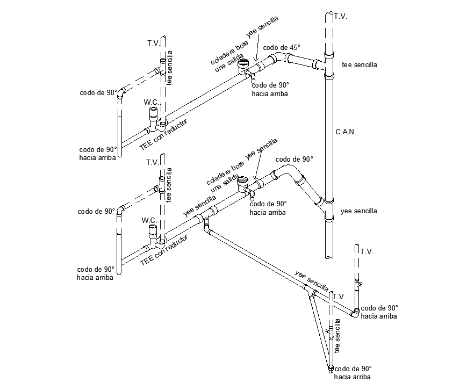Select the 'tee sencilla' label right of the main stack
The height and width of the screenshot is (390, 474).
point(359,65)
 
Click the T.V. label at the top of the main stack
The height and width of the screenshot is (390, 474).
point(340,17)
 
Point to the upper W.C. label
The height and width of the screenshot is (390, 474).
point(150,102)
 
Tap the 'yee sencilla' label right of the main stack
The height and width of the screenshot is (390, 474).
point(358,211)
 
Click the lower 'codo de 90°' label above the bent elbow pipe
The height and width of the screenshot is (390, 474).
point(293,160)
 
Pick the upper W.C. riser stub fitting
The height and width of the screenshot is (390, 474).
point(153,115)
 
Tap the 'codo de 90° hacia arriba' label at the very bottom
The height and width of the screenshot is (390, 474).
point(353,373)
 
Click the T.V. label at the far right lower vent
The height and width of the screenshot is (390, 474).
point(367,251)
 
